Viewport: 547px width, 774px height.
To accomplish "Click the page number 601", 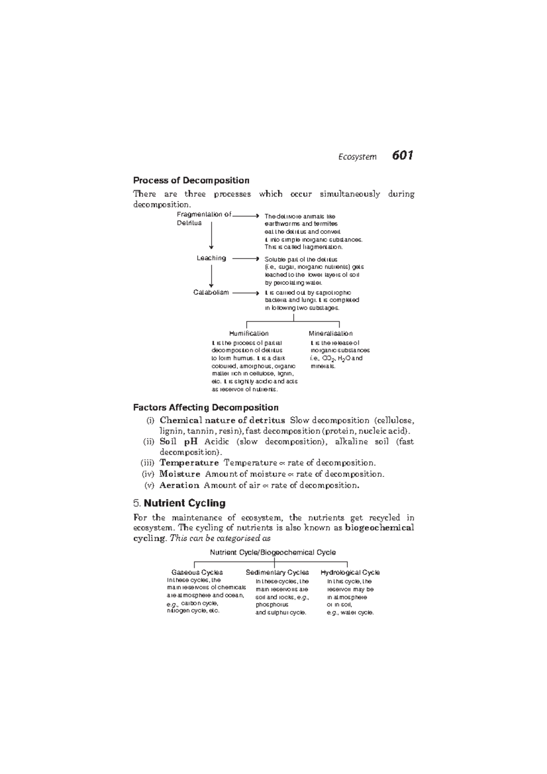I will click(402, 156).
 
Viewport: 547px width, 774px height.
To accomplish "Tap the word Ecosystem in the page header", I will click(357, 157).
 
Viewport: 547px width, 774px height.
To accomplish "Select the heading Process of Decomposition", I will click(191, 181).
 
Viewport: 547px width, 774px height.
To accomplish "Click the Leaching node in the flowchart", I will click(211, 258).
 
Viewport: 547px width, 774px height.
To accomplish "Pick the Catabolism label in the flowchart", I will click(211, 293).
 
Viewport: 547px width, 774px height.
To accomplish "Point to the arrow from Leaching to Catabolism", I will click(212, 275).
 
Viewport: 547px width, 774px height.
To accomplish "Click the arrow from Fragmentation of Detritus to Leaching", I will click(212, 240).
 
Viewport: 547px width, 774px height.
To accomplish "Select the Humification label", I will click(248, 334).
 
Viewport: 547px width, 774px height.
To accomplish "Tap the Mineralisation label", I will click(330, 334).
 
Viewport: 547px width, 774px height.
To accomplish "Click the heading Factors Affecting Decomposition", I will click(206, 408).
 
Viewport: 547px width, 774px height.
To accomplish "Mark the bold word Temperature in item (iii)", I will click(189, 463).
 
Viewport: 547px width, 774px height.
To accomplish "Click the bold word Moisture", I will click(180, 474).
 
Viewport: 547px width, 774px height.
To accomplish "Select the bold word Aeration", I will click(179, 485).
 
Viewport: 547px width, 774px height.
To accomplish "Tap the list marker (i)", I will click(150, 420).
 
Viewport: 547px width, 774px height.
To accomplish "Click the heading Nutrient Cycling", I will click(185, 503).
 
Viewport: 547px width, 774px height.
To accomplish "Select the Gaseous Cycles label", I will click(197, 573).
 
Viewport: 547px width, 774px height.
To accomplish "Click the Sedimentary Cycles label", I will click(277, 573).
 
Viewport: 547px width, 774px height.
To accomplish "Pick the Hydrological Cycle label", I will click(350, 573).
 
